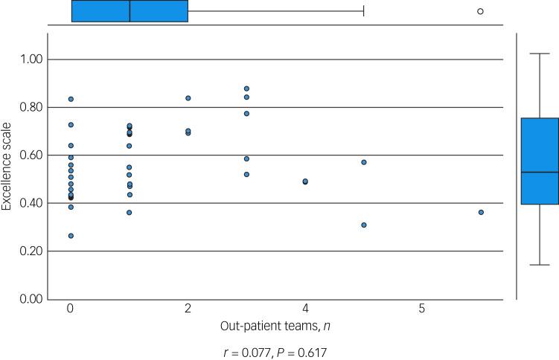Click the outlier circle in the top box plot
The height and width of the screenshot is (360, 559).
480,11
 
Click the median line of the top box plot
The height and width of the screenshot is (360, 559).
130,11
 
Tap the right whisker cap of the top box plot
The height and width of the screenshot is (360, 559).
363,11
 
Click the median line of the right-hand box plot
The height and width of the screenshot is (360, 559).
540,172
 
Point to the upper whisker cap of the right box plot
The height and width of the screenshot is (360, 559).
540,54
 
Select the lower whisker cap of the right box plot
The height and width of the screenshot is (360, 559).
540,265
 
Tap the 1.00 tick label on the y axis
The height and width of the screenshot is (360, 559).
31,60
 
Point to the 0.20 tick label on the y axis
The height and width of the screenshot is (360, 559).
31,251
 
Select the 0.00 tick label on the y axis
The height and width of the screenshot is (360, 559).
31,299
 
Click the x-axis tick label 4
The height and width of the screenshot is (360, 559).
305,308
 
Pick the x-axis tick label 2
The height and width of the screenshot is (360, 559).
188,308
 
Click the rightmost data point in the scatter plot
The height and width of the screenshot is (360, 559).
481,212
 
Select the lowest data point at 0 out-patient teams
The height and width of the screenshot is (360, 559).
71,236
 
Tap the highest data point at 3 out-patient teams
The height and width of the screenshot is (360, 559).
246,89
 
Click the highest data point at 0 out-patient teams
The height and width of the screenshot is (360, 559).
71,99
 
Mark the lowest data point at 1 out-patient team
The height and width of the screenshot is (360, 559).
130,213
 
